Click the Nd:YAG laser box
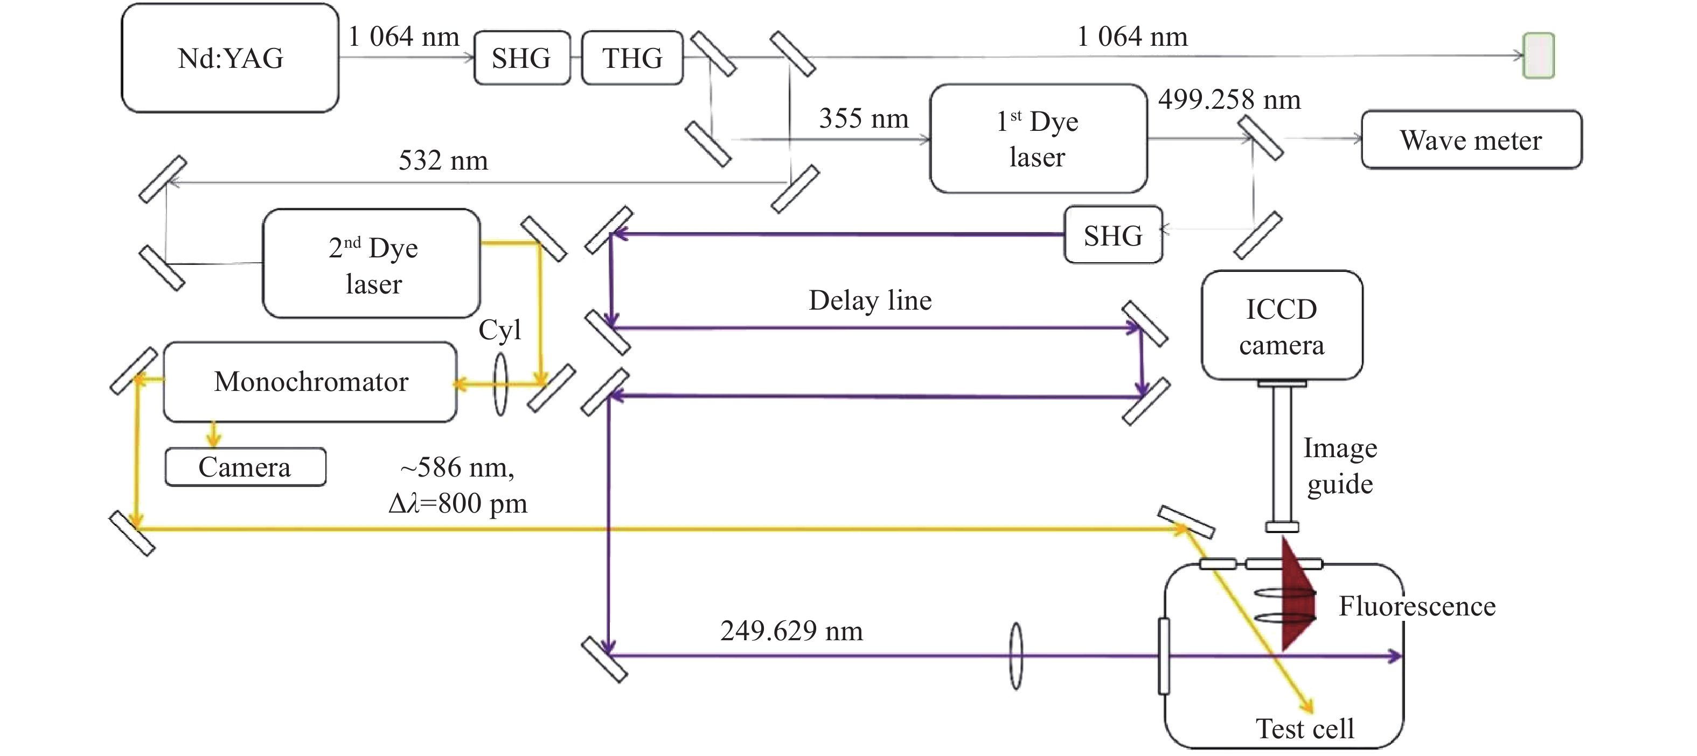click(230, 58)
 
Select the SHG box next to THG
click(521, 58)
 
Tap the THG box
click(632, 58)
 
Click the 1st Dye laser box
click(1038, 138)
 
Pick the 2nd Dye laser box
click(372, 264)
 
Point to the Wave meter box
click(1471, 139)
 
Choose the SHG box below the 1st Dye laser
click(1114, 235)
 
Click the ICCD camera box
click(1281, 326)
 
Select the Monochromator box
click(310, 382)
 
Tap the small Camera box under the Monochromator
click(245, 467)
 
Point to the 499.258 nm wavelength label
click(1229, 100)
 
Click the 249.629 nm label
click(791, 631)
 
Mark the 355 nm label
click(863, 118)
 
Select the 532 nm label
click(443, 160)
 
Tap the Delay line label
click(870, 300)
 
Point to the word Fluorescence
click(1417, 606)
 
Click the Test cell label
click(1304, 729)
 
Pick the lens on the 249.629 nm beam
click(1016, 656)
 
